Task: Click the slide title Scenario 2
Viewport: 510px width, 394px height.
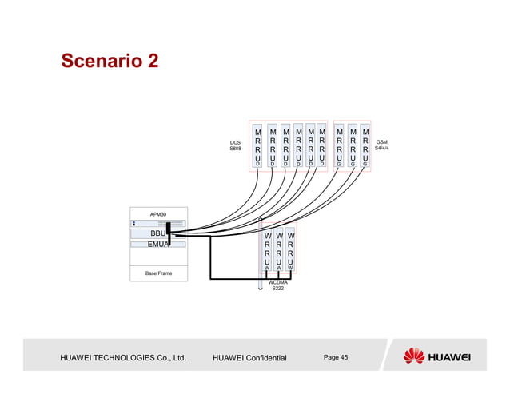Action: tap(110, 62)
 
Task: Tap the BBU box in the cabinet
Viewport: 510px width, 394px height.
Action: tap(157, 233)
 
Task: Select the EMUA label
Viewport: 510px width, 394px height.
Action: tap(157, 245)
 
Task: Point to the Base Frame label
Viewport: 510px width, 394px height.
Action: tap(157, 273)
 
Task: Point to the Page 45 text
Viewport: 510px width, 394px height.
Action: tap(336, 356)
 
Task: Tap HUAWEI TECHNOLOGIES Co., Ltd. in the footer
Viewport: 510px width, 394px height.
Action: tap(123, 357)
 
